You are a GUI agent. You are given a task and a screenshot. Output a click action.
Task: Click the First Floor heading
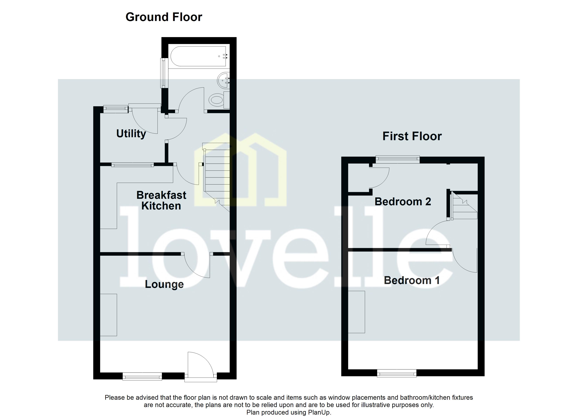coord(412,136)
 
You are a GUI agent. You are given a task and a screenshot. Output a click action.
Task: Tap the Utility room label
coord(131,134)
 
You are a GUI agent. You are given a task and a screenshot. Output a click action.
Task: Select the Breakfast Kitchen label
coord(161,200)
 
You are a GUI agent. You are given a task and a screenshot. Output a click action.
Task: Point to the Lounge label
coord(164,284)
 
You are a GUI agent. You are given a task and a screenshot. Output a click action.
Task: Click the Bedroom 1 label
coord(412,280)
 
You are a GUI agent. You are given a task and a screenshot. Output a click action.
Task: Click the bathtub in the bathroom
coord(198,56)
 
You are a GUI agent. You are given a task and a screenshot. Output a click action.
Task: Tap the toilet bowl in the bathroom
coord(217,100)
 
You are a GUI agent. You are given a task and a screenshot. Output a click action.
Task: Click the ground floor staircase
coord(217,176)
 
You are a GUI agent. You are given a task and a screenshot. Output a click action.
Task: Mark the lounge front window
coord(142,376)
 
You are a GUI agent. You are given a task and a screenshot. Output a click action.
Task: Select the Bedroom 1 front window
coord(397,373)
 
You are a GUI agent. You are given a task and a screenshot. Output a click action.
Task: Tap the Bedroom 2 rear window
coord(398,160)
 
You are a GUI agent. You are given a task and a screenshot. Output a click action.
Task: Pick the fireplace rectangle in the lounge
coord(109,315)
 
